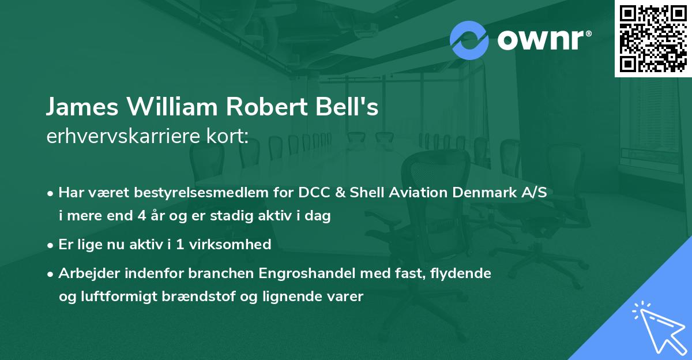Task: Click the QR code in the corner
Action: pyautogui.click(x=653, y=38)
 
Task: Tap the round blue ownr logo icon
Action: pyautogui.click(x=469, y=40)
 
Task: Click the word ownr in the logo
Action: pyautogui.click(x=539, y=40)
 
